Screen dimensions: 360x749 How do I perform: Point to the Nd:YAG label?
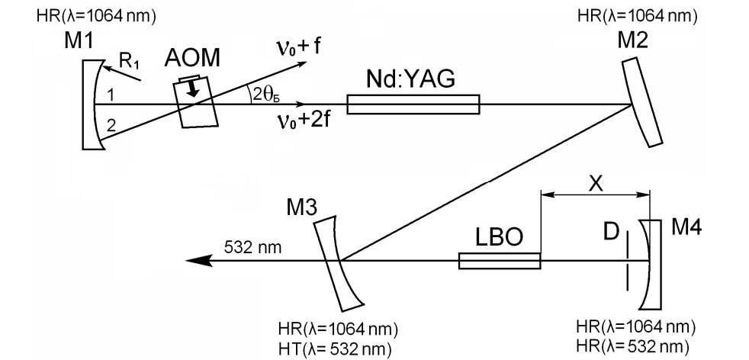point(410,80)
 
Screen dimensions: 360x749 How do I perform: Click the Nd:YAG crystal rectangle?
point(413,104)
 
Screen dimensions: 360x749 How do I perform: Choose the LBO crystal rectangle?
point(499,262)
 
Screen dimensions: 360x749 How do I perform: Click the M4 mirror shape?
point(649,262)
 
